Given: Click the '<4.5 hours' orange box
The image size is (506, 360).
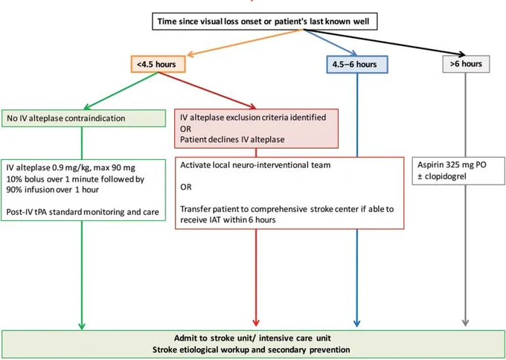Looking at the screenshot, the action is point(158,64).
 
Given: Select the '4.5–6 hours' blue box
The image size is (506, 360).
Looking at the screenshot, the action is point(357,64).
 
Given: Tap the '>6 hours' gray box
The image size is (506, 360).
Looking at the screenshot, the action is point(466,64).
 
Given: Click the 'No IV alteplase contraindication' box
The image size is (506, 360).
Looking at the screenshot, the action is point(83,118).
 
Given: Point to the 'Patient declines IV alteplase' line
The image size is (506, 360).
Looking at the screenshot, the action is point(232,139).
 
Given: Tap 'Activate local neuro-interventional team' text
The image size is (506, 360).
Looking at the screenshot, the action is point(255,165).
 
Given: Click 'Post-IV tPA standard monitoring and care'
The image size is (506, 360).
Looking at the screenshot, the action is point(83,212).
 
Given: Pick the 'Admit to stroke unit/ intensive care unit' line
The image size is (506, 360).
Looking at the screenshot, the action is point(252,338).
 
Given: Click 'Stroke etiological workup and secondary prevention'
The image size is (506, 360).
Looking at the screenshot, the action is point(251,350).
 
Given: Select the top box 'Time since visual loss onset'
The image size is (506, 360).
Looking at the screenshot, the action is point(265,22).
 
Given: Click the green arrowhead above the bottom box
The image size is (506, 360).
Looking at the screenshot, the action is point(82,326).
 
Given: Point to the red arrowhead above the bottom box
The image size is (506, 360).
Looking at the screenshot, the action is point(256,322).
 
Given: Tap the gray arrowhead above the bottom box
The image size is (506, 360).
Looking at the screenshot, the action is point(465,322).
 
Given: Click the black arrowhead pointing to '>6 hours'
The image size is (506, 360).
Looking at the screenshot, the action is point(461,54).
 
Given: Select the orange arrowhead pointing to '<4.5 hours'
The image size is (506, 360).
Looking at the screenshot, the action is point(190,54).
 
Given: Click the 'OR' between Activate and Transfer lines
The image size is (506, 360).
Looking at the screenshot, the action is point(186,187).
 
